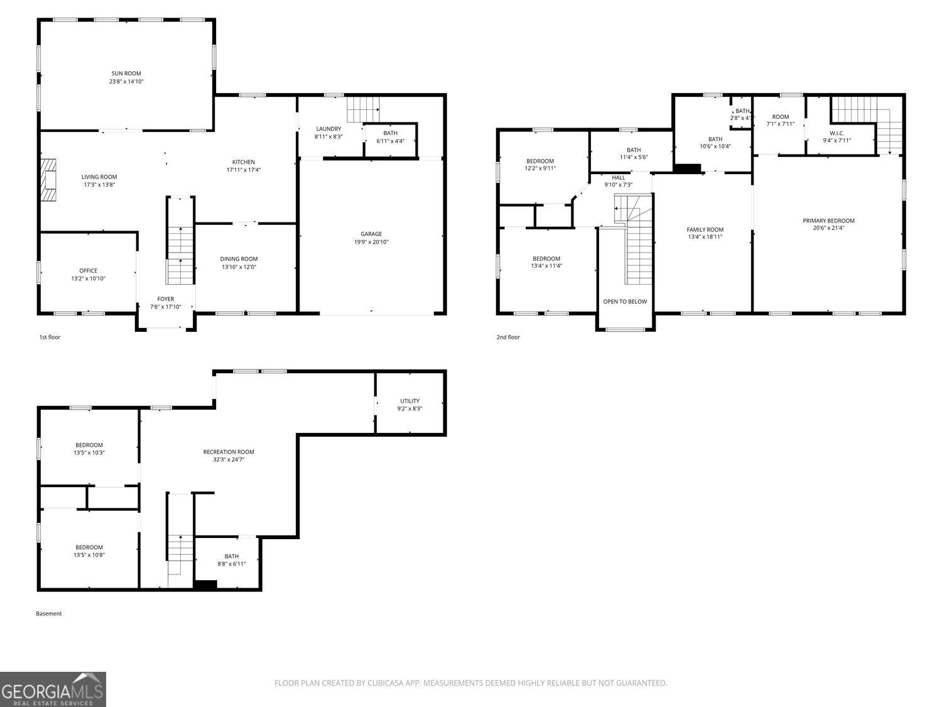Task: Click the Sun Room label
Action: coord(126,74)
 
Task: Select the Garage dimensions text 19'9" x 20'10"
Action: coord(371,242)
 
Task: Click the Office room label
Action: coord(89,271)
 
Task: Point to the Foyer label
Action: coord(166,299)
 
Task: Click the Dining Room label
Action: coord(239,259)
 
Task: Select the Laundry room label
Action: coord(328,129)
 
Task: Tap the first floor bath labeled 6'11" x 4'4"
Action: coord(391,137)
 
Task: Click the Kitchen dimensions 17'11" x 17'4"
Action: coord(244,170)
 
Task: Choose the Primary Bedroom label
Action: coord(828,221)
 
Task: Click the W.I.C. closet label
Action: coord(836,133)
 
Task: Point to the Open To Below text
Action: coord(625,302)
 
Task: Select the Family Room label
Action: coord(705,229)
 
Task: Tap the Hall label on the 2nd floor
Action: coord(618,177)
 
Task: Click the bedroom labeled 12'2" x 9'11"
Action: coord(540,165)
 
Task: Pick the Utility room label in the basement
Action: coord(409,401)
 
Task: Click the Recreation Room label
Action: coord(229,452)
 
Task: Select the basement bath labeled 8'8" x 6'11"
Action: coord(232,560)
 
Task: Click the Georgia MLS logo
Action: coord(53,689)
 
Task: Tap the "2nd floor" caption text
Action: coord(508,337)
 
